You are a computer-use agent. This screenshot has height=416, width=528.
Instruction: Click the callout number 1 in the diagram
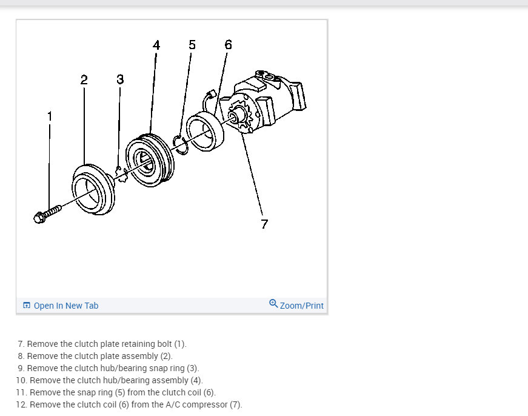50,115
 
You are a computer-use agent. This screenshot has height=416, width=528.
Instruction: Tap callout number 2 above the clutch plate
84,79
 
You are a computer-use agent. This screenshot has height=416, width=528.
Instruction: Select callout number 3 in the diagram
120,79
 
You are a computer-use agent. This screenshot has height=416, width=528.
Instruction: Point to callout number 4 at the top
156,45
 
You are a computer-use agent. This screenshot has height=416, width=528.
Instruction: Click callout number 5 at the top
192,45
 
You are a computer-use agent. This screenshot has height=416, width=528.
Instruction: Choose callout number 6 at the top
228,45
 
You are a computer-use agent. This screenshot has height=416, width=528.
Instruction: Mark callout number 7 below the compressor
264,224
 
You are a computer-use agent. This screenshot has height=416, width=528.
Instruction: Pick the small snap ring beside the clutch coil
179,143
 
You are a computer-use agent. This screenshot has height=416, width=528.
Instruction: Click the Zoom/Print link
301,306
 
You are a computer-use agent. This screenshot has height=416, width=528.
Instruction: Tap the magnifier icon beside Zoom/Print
273,304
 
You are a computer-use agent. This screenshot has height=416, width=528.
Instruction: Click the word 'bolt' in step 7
164,344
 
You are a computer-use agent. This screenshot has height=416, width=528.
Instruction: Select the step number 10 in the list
22,380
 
